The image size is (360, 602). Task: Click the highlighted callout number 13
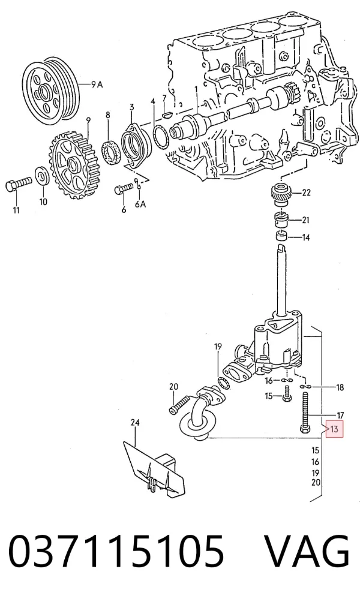pyautogui.click(x=334, y=429)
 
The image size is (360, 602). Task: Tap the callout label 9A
pyautogui.click(x=97, y=84)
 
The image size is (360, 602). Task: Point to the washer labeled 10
pyautogui.click(x=42, y=176)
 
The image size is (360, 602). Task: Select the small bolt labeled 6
pyautogui.click(x=124, y=189)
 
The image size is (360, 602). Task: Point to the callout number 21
pyautogui.click(x=306, y=220)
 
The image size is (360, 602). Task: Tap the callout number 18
pyautogui.click(x=340, y=387)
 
